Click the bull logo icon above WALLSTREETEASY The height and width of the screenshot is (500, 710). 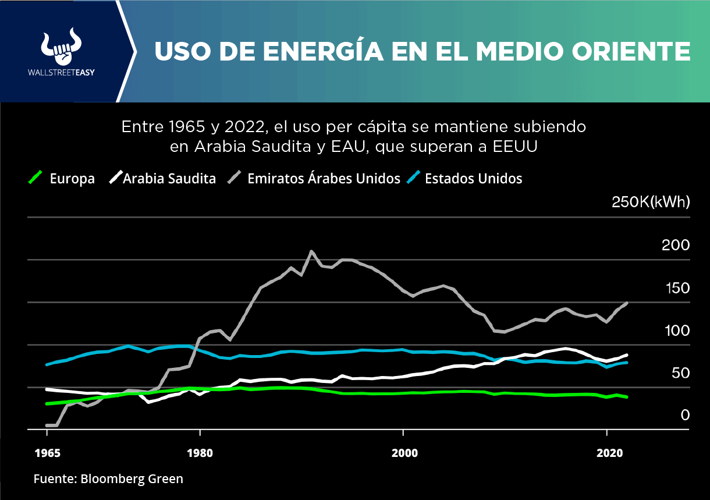pyautogui.click(x=62, y=47)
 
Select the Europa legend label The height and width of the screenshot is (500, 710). pyautogui.click(x=72, y=179)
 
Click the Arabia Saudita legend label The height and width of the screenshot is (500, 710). pyautogui.click(x=169, y=179)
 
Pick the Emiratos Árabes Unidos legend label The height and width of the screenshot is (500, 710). pyautogui.click(x=324, y=178)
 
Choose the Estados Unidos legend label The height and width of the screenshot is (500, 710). pyautogui.click(x=473, y=178)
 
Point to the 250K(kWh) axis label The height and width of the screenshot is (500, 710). pyautogui.click(x=650, y=202)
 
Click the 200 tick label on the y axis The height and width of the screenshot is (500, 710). pyautogui.click(x=675, y=245)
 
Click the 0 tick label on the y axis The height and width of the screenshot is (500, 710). pyautogui.click(x=685, y=415)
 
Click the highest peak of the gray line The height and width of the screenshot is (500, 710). pyautogui.click(x=312, y=251)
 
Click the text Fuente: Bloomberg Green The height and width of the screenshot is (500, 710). pyautogui.click(x=108, y=479)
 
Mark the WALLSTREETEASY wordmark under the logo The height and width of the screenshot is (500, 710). pyautogui.click(x=62, y=73)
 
